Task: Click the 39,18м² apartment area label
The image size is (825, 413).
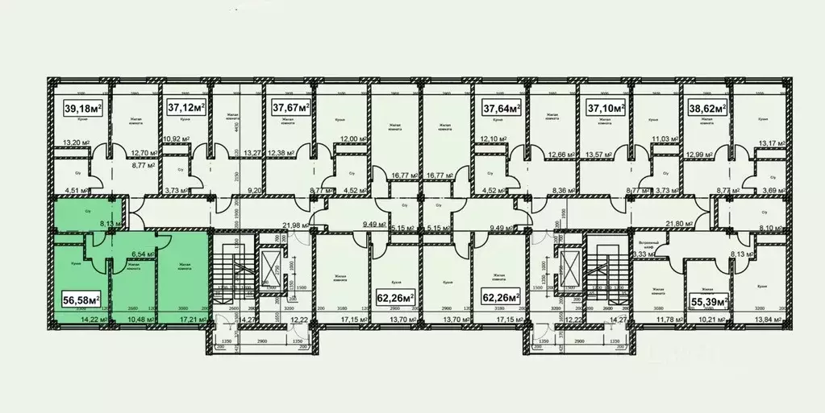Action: (84, 108)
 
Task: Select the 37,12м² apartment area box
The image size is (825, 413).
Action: (186, 106)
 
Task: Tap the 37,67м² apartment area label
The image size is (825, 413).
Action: (291, 106)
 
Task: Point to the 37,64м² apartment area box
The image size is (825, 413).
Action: (501, 106)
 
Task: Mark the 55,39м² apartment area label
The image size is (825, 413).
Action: (710, 301)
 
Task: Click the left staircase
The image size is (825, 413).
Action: (234, 274)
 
